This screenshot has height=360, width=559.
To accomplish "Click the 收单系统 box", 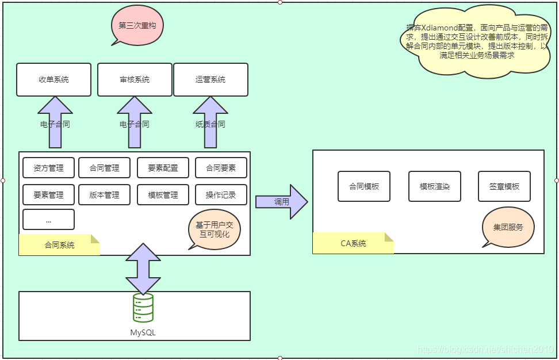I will pyautogui.click(x=53, y=79).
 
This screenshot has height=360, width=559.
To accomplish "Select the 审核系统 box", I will pyautogui.click(x=135, y=79).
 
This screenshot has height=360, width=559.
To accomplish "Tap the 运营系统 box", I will pyautogui.click(x=210, y=79).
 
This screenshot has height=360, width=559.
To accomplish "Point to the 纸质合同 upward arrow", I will pyautogui.click(x=210, y=122).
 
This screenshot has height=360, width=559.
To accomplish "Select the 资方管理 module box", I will pyautogui.click(x=48, y=168).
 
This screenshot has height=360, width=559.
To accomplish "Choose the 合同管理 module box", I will pyautogui.click(x=105, y=168).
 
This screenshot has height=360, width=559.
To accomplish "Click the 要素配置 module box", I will pyautogui.click(x=163, y=168).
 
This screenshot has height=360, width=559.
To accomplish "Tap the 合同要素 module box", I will pyautogui.click(x=221, y=168).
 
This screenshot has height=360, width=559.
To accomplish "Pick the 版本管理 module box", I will pyautogui.click(x=105, y=195).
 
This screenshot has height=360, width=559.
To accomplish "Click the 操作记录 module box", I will pyautogui.click(x=221, y=195).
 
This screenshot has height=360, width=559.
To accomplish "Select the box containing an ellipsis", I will pyautogui.click(x=48, y=220).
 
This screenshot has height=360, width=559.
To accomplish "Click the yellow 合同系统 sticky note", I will pyautogui.click(x=59, y=244).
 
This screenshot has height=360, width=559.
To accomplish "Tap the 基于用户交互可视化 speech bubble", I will pyautogui.click(x=214, y=229).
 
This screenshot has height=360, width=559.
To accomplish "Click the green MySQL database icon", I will pyautogui.click(x=143, y=308).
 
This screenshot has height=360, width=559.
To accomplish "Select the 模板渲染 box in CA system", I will pyautogui.click(x=435, y=186).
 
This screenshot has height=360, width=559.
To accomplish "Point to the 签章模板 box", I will pyautogui.click(x=504, y=186).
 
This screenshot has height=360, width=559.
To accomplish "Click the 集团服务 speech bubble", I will pyautogui.click(x=508, y=227).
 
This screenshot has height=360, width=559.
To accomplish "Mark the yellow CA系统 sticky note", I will pyautogui.click(x=353, y=243).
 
